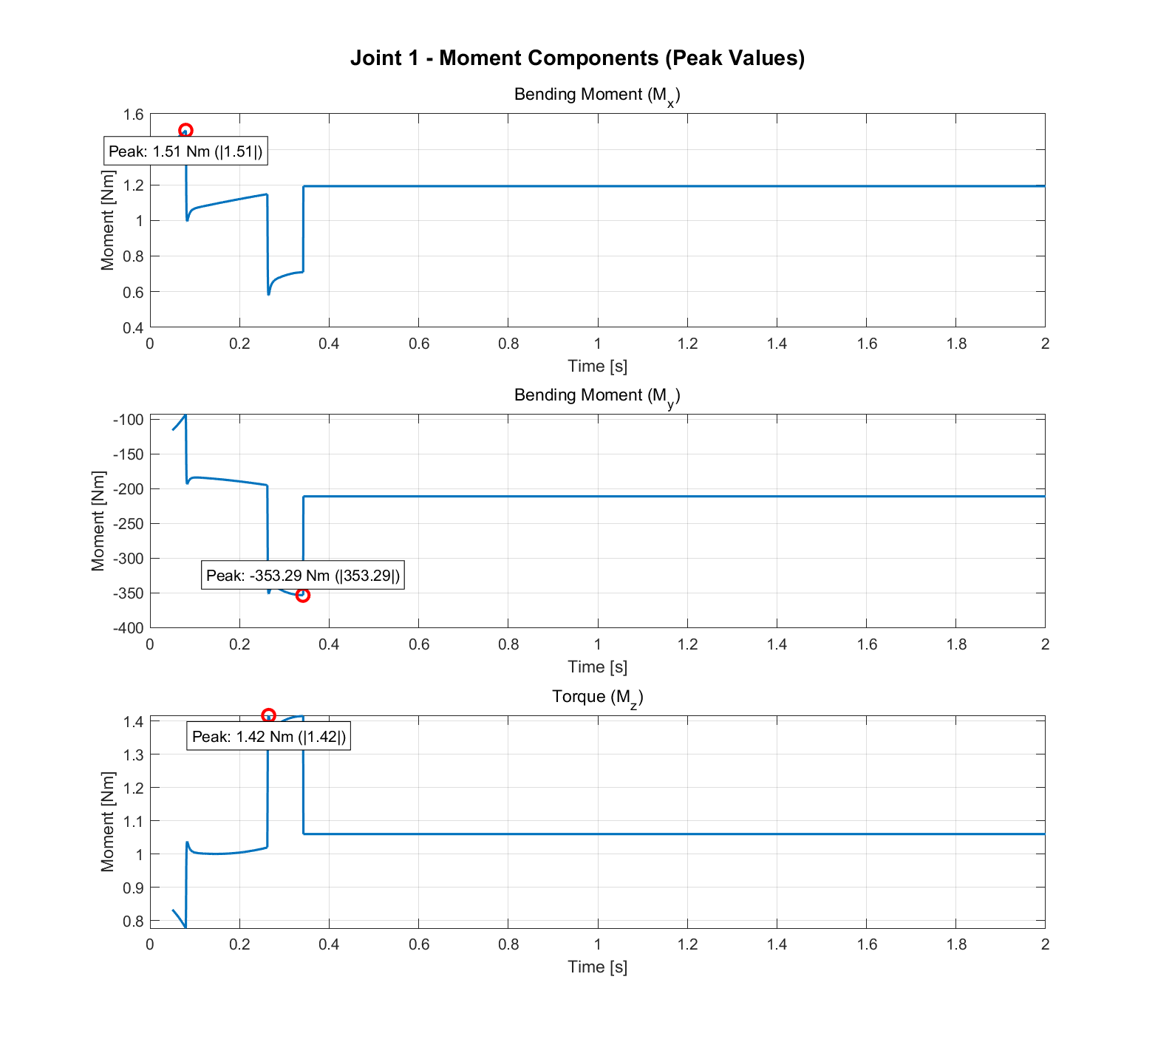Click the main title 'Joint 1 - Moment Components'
pos(577,58)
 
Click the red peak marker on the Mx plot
pos(185,131)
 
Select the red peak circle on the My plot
pos(302,595)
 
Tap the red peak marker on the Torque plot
pos(268,715)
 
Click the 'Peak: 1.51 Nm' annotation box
pos(185,151)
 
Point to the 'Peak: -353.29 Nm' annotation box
pos(303,576)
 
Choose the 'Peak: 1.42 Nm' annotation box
pos(268,736)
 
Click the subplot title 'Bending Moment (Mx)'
pos(597,95)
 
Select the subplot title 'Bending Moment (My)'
pos(597,395)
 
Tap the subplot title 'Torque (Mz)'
pos(597,697)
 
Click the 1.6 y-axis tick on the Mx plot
pos(134,114)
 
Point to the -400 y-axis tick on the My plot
pos(129,627)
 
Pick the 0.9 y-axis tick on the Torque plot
pos(134,887)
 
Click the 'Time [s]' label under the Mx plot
pos(597,366)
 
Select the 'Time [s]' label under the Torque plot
pos(597,967)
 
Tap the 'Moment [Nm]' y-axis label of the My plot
pos(98,521)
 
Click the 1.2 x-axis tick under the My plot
pos(687,644)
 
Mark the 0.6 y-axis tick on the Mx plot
pos(134,292)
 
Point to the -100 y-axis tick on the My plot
pos(129,420)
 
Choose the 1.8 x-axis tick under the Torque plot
pos(956,944)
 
